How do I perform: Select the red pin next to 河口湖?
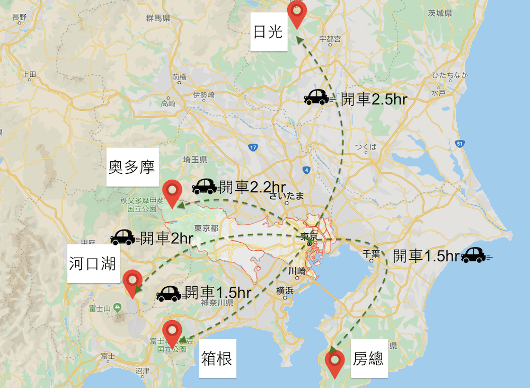coord(132,282)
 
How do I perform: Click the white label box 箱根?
coord(217,359)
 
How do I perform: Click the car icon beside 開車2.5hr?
coord(317,98)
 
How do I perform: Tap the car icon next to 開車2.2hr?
coord(204,186)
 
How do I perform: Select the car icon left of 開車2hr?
coord(122,237)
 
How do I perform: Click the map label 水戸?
coord(438,92)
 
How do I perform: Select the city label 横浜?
coord(285,290)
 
